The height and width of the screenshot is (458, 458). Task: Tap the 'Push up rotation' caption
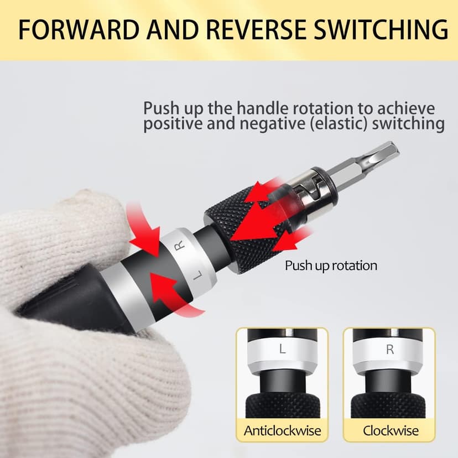331,266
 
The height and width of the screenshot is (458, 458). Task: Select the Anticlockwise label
282,430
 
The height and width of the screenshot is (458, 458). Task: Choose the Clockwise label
391,430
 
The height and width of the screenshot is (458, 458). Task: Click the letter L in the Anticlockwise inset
282,350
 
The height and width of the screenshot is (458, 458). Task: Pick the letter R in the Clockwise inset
391,350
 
